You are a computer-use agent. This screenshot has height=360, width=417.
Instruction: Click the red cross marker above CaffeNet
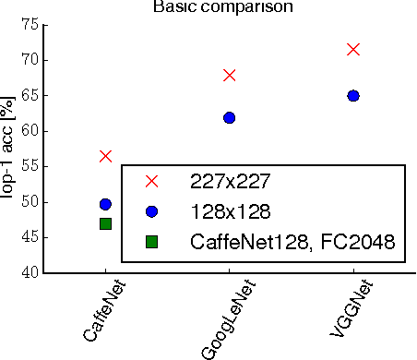[105, 156]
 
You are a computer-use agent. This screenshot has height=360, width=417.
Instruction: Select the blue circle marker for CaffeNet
[105, 204]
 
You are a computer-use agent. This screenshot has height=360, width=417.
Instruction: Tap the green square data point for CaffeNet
[105, 223]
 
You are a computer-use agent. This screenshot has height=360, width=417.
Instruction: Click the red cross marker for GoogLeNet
[229, 75]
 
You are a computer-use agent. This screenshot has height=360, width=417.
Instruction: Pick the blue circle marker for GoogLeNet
[229, 117]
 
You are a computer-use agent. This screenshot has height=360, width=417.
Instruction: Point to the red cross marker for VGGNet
[352, 49]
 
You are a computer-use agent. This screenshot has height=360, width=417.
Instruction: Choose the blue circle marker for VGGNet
[352, 95]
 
